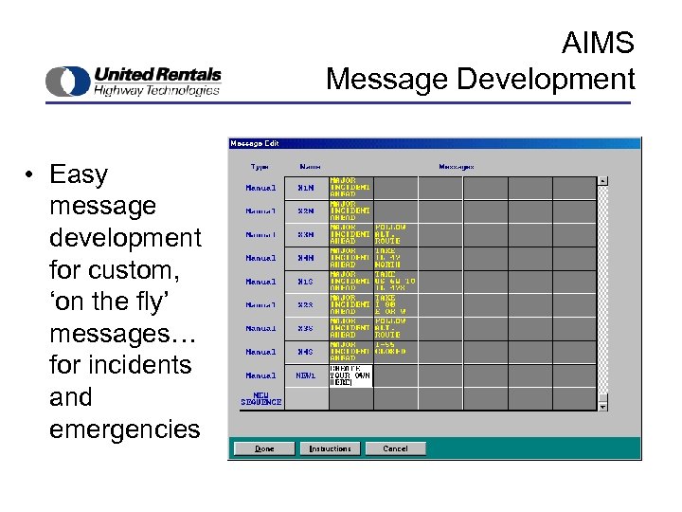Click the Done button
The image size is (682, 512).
[265, 448]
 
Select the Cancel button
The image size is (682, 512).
[395, 448]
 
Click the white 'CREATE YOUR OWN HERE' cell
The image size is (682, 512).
[350, 375]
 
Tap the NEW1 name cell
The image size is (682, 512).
[305, 375]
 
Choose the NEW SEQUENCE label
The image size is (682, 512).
[260, 399]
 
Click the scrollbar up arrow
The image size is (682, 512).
[602, 180]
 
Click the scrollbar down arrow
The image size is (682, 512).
[602, 406]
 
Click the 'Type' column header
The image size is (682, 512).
[260, 167]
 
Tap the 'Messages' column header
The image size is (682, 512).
[456, 167]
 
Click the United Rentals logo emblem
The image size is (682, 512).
[67, 82]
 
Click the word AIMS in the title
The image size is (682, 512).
[598, 44]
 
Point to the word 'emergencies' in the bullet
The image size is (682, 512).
[125, 430]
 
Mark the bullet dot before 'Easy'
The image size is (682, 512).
[31, 174]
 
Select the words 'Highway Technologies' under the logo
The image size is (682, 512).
[156, 90]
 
